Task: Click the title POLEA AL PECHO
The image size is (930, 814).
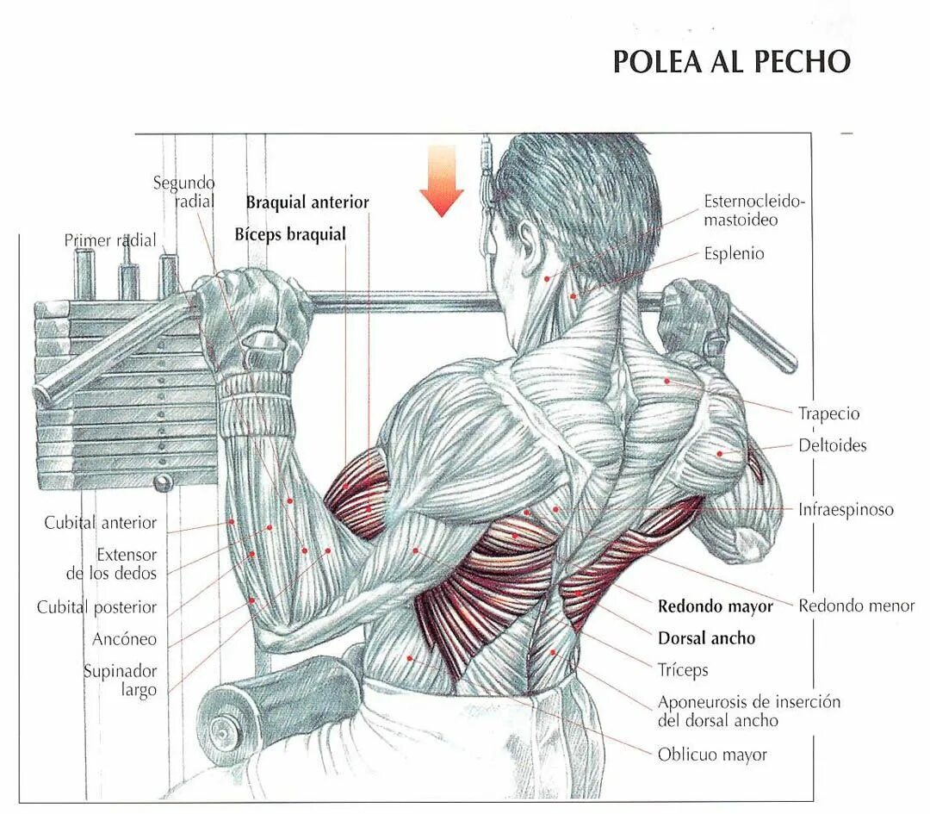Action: click(731, 62)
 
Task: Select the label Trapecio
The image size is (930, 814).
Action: click(828, 413)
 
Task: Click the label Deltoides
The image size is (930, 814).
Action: click(832, 445)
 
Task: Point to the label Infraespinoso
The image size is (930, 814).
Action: click(846, 509)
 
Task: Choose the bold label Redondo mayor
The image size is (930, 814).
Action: click(716, 606)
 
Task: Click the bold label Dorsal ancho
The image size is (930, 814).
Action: click(706, 638)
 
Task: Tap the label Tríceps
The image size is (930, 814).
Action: click(683, 669)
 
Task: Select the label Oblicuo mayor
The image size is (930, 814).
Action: click(712, 755)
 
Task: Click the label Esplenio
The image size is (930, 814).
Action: click(734, 254)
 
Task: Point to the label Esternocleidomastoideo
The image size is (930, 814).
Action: click(753, 210)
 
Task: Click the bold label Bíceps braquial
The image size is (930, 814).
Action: click(290, 234)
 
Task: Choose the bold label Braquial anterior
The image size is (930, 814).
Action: click(307, 202)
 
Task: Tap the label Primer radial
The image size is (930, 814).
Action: click(110, 240)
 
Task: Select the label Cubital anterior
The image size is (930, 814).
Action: click(101, 522)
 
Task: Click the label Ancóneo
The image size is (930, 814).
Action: click(125, 639)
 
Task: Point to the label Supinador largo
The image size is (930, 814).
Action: click(121, 680)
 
